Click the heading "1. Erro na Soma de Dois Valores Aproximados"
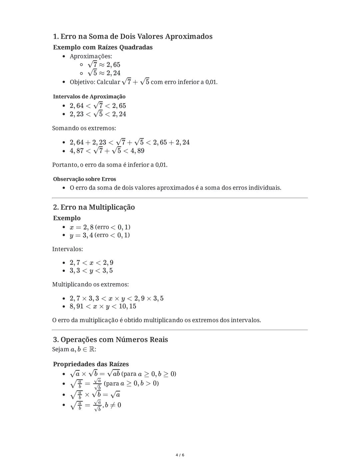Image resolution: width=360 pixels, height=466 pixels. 133,36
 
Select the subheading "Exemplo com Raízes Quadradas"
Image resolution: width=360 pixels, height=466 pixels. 103,47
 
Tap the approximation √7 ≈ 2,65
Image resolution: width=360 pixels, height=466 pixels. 104,64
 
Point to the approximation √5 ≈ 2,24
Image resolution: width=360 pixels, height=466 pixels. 104,73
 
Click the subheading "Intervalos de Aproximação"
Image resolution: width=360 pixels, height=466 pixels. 89,96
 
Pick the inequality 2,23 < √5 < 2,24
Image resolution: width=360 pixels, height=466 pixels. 98,114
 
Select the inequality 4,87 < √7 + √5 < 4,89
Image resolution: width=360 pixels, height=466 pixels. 107,151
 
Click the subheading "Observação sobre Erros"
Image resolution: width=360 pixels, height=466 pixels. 84,179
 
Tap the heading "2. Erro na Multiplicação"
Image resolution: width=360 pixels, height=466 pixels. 94,207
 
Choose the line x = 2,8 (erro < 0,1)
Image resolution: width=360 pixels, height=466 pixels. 100,227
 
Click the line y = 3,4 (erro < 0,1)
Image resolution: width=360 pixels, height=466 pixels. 100,235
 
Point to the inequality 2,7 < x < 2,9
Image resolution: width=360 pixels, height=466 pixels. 91,263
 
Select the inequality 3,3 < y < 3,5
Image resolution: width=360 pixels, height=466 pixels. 91,271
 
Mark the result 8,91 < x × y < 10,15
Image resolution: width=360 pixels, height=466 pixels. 103,306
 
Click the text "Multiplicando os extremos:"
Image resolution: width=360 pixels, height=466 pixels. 90,285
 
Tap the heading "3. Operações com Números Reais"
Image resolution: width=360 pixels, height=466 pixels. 110,340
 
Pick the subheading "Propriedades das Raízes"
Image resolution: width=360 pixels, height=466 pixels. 91,364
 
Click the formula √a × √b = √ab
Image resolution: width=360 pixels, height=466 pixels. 95,374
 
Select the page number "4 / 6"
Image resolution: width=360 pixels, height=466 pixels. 180,455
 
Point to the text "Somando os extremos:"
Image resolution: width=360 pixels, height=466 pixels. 84,128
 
